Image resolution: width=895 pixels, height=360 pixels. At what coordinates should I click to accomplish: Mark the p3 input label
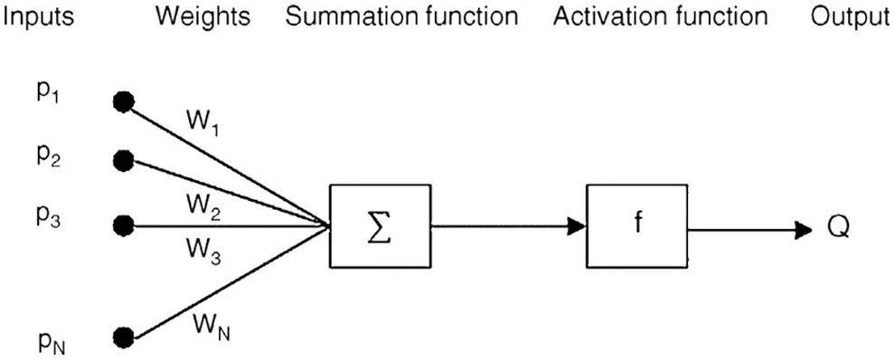[x=49, y=217]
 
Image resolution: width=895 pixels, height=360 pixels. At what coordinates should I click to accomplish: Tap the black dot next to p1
[x=122, y=102]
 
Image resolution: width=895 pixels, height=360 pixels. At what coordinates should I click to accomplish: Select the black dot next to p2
[x=123, y=161]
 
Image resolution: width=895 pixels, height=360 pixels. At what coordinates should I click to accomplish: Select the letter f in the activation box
[x=637, y=223]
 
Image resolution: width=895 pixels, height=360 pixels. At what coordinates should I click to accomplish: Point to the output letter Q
[x=837, y=231]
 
